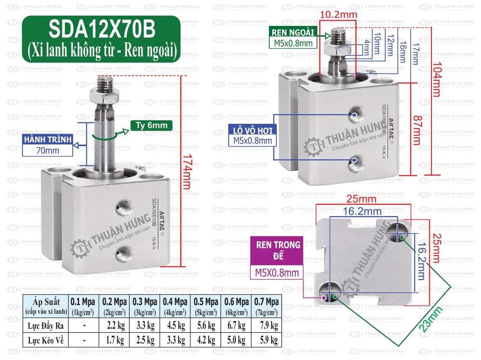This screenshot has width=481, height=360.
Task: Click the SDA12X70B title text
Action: pos(102,30)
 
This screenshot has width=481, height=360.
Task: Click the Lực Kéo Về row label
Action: pos(45,340)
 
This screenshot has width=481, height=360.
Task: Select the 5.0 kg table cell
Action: pos(235,340)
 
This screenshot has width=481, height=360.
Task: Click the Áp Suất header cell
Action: pos(45,305)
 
